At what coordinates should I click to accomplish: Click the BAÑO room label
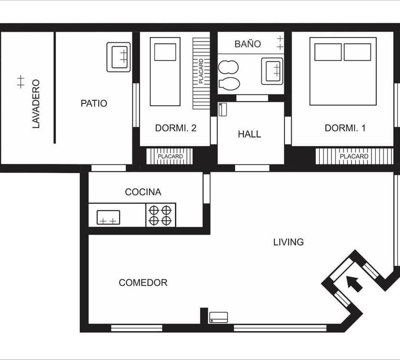(248, 44)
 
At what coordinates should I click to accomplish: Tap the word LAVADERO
(36, 103)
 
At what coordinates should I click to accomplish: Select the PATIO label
(94, 103)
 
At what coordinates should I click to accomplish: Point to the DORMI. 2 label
(176, 128)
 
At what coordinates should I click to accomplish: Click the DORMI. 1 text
(345, 128)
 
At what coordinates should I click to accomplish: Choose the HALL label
(249, 134)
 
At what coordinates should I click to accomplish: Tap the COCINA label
(143, 192)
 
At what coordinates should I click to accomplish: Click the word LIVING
(288, 242)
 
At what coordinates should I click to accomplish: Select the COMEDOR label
(143, 282)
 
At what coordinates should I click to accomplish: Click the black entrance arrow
(354, 284)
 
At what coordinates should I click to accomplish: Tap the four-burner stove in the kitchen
(161, 215)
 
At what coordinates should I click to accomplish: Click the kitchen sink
(108, 217)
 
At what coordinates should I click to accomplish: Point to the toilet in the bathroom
(229, 84)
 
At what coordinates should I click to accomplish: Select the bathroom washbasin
(272, 71)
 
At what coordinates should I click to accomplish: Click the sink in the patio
(119, 57)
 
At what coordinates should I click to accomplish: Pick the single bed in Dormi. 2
(165, 72)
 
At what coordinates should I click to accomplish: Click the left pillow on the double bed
(328, 52)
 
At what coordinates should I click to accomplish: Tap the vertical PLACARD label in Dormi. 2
(201, 71)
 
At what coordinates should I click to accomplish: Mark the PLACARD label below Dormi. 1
(354, 156)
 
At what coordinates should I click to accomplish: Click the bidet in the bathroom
(229, 67)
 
